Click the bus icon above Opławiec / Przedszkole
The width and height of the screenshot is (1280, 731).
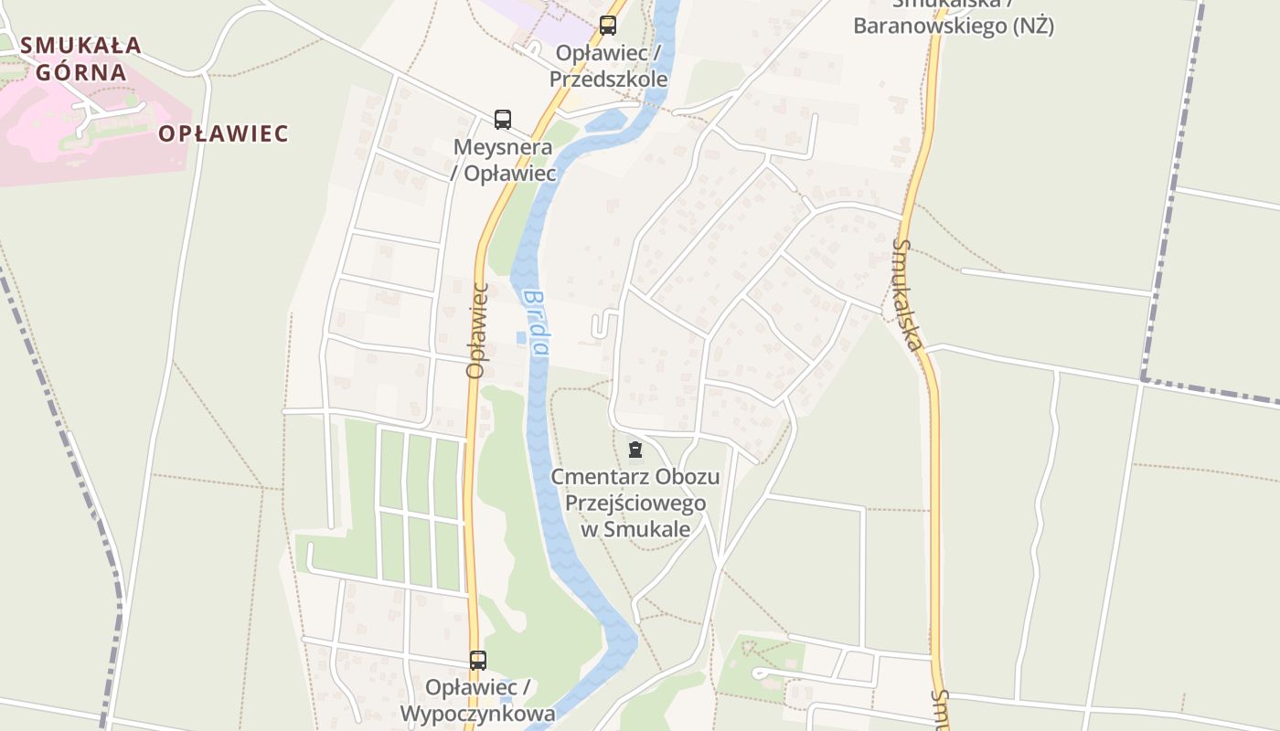(x=608, y=26)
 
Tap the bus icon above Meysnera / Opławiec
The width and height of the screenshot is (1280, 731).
(x=503, y=119)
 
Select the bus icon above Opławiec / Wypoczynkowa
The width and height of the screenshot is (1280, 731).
(x=478, y=660)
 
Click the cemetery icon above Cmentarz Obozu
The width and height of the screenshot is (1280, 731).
(x=635, y=449)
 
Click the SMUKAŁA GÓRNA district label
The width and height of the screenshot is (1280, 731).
(x=80, y=58)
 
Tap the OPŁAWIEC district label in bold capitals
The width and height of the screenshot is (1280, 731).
(x=223, y=133)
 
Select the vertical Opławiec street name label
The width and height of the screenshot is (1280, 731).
(x=476, y=330)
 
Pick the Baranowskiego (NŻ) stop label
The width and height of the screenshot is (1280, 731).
(x=953, y=26)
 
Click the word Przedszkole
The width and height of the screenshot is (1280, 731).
(x=608, y=79)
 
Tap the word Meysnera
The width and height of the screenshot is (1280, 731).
(x=503, y=147)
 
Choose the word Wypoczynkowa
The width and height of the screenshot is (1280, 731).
(x=477, y=714)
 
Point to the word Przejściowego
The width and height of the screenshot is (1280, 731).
(x=635, y=503)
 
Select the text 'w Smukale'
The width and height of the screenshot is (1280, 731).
(x=635, y=529)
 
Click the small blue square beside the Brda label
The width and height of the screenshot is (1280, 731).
(x=521, y=338)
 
